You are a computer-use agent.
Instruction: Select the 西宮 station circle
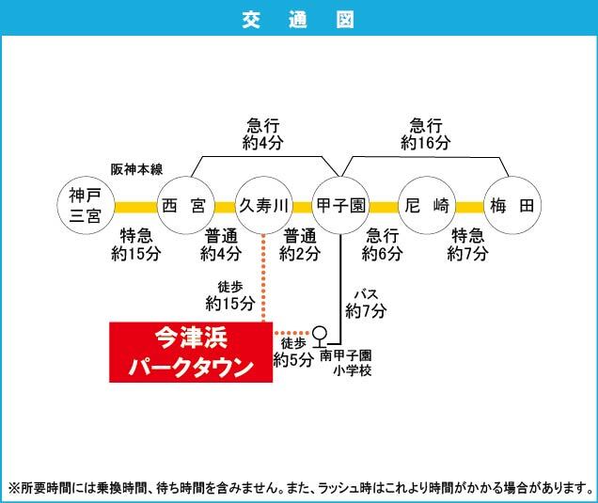(183, 205)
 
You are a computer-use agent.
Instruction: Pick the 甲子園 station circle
(340, 205)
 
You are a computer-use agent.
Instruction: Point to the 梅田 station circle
(511, 205)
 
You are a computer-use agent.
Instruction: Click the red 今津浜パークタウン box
(191, 352)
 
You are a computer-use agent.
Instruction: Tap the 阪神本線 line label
(137, 169)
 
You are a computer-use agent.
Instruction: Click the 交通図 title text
(299, 19)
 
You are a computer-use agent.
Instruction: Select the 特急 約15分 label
(132, 244)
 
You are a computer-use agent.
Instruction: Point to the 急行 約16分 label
(426, 134)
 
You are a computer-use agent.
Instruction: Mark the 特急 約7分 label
(468, 244)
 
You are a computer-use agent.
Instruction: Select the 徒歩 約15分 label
(230, 294)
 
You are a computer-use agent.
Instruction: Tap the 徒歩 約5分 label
(293, 352)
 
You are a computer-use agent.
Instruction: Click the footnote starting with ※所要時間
(299, 488)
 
